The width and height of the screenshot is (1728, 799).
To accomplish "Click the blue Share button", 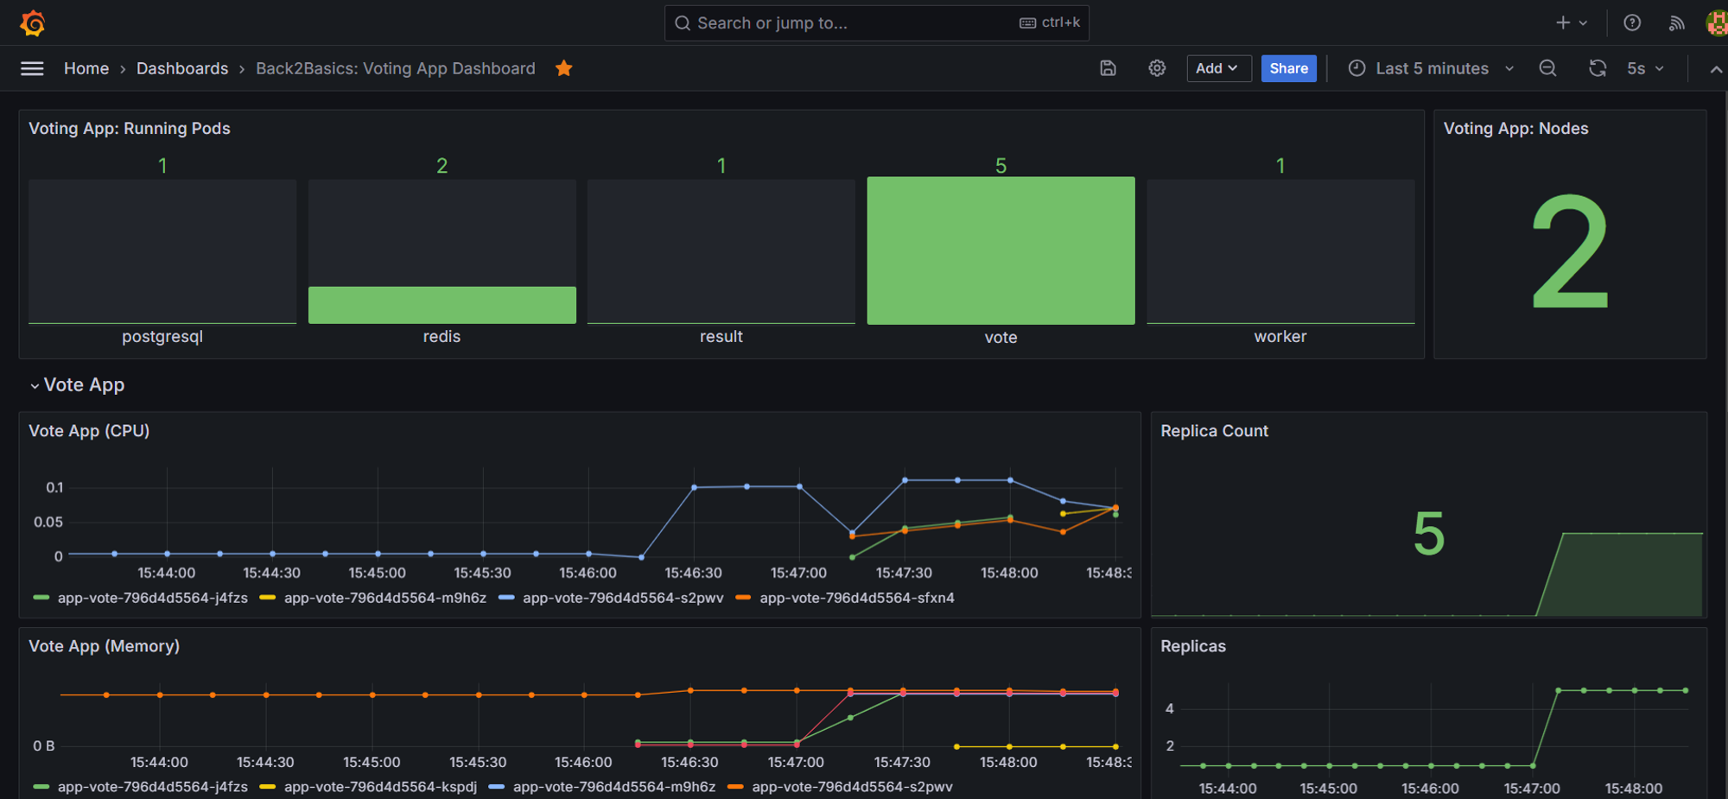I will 1288,68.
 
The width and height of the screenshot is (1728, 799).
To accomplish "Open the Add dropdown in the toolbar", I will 1218,68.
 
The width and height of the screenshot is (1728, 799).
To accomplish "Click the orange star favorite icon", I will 564,68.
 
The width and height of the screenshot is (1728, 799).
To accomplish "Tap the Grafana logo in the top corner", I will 33,22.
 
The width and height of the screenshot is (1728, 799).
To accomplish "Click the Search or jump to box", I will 875,22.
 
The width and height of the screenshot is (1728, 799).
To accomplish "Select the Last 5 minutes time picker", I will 1431,68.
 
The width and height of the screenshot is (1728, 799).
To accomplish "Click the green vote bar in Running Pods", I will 1001,250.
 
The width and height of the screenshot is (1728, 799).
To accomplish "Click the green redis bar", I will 442,305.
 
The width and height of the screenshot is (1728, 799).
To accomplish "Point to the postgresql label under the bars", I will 162,336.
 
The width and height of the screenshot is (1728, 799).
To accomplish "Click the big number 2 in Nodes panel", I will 1569,251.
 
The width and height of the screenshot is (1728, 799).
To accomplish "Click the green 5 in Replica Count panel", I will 1428,534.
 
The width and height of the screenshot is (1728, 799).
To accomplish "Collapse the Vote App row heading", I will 83,384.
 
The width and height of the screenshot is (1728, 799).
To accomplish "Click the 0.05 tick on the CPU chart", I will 48,522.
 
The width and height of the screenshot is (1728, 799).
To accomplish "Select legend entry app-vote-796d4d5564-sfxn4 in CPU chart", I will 856,598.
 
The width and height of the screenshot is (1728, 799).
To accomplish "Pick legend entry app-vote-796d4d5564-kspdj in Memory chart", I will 379,787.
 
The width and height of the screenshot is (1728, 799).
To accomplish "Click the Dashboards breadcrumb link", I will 182,68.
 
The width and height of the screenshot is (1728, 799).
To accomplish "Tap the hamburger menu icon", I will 32,68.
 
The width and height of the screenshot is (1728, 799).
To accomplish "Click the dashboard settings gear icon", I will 1157,68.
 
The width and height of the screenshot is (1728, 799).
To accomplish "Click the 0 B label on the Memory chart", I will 44,745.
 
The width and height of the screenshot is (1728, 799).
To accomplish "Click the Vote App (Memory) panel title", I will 104,646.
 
